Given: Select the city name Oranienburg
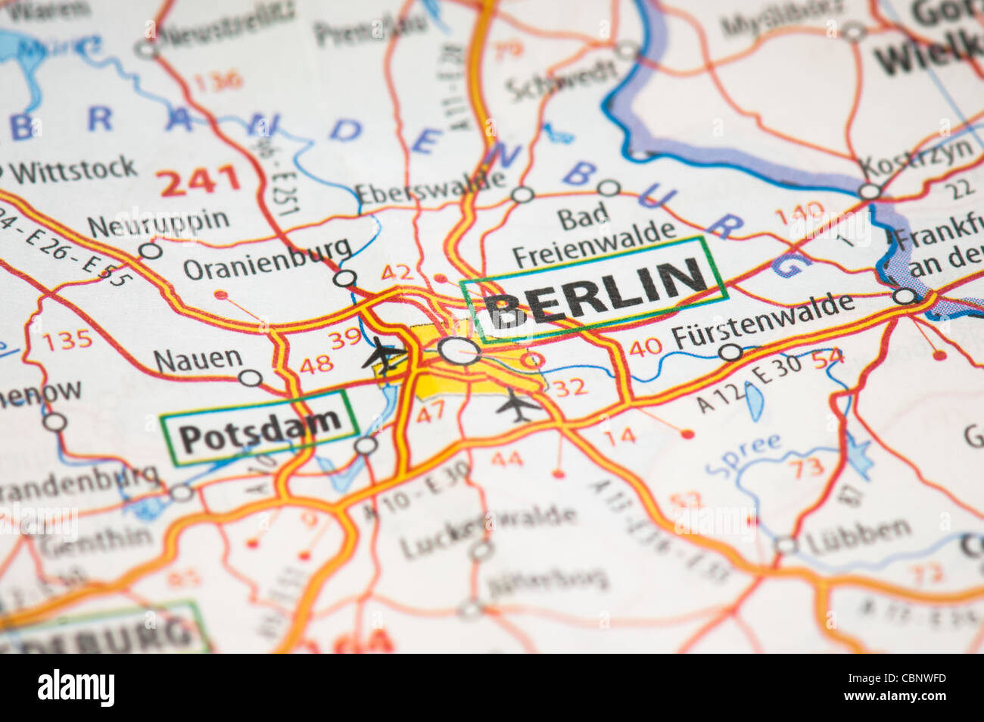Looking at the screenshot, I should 268,258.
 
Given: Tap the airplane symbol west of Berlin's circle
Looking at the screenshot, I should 385,355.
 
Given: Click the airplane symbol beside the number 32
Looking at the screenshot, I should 518,405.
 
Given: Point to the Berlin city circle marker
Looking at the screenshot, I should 459,351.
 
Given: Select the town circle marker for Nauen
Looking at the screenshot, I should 250,377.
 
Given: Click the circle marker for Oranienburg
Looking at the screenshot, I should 345,278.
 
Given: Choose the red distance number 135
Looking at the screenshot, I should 67,342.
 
